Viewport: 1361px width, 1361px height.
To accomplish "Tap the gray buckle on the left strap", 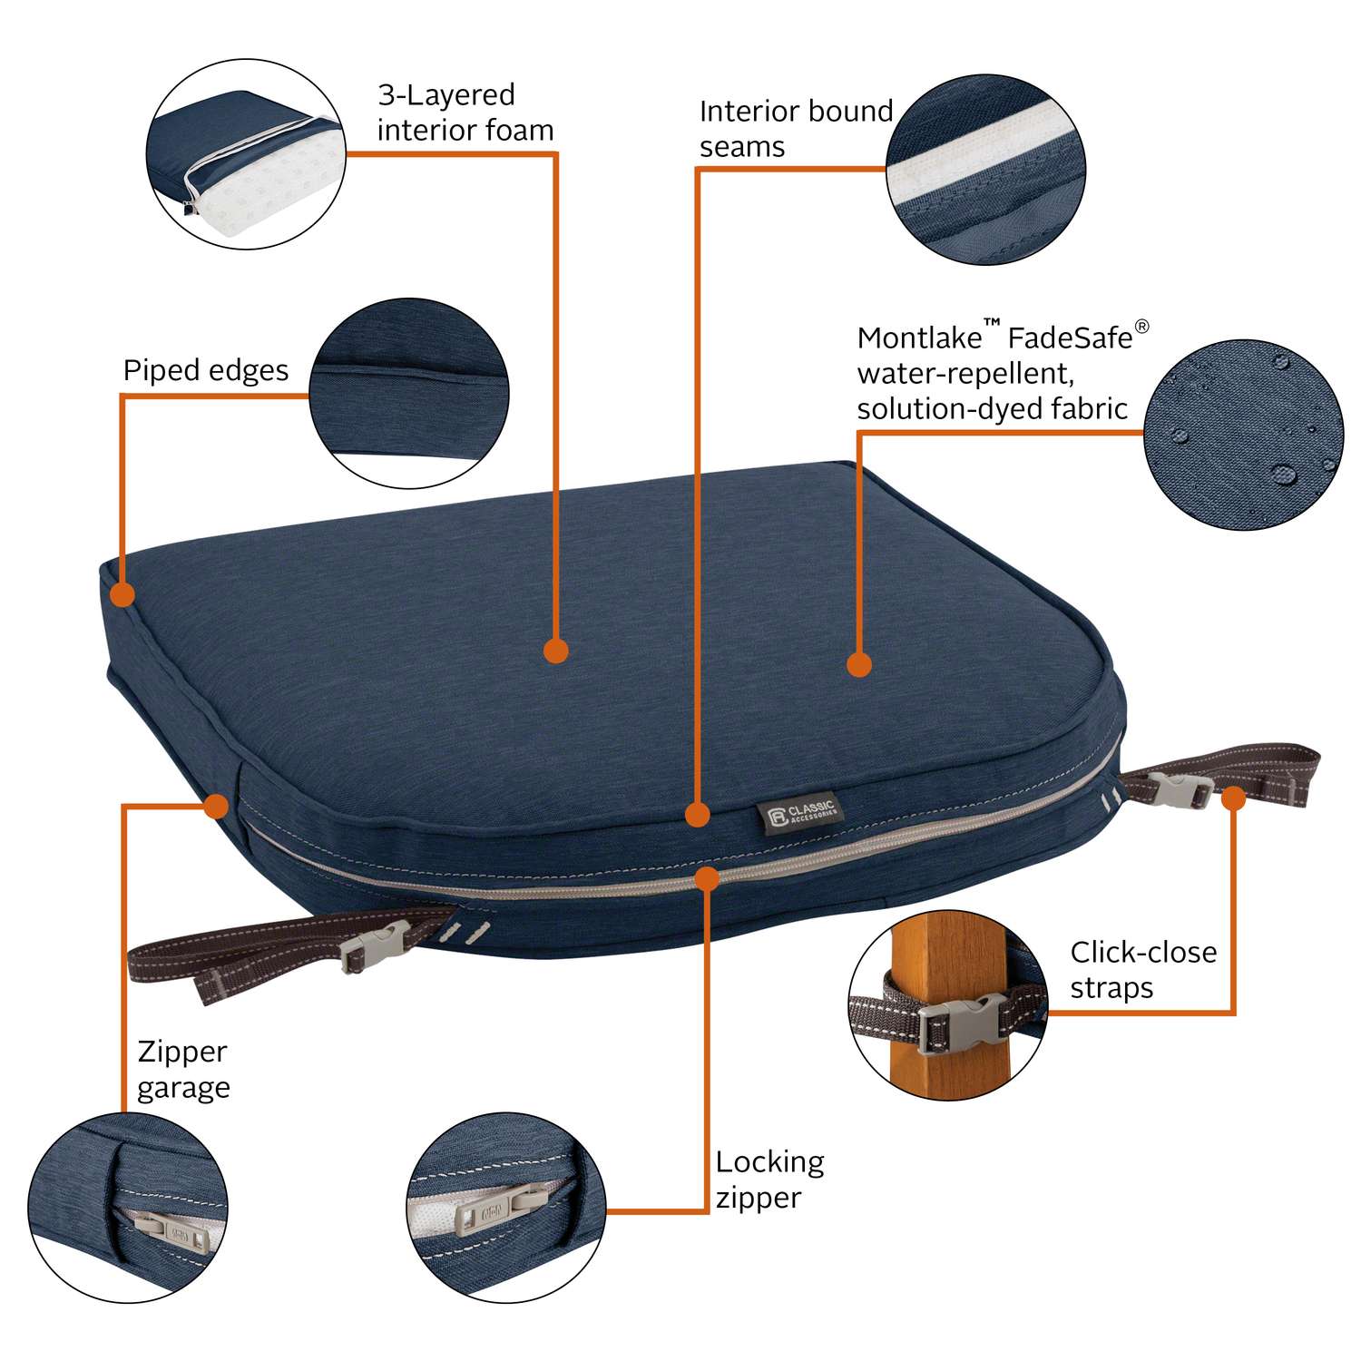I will coord(375,945).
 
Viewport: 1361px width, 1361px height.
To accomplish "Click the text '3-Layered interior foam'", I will coord(465,113).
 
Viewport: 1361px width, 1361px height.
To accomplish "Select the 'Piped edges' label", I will coord(206,370).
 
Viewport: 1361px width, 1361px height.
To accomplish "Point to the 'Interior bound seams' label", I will coord(795,129).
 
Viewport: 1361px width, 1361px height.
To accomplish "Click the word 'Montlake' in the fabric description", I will coord(919,338).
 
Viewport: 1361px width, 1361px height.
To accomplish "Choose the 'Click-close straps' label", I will coord(1142,969).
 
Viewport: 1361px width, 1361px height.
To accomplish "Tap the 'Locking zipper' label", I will coord(769,1180).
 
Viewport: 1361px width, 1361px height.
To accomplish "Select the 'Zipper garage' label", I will coord(183,1069).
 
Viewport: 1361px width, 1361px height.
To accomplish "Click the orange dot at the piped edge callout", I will coord(122,595).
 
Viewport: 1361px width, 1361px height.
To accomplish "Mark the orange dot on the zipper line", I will coord(707,877).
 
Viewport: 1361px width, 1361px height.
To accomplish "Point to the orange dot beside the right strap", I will coord(1233,798).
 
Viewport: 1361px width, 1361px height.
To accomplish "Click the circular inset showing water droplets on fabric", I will coord(1243,435).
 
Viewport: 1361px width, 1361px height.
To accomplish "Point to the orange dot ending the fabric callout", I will coord(858,664).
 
